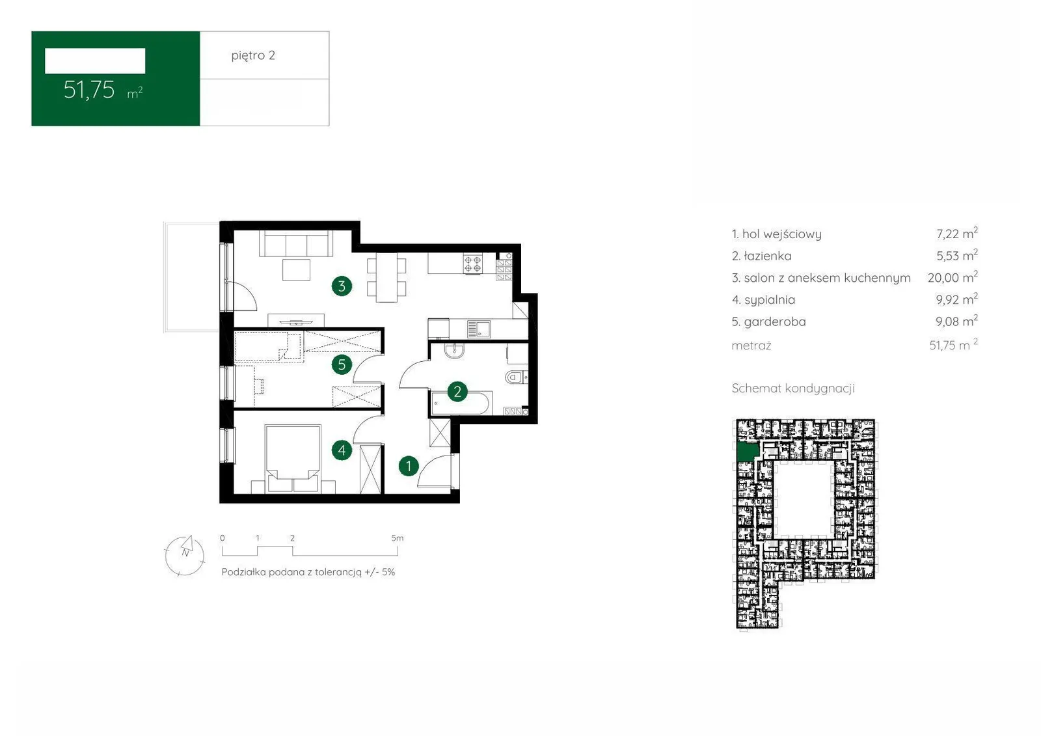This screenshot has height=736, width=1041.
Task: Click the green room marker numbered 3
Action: point(342,286)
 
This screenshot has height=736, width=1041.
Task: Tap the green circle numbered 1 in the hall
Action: point(409,466)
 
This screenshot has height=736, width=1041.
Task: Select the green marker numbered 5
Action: point(342,364)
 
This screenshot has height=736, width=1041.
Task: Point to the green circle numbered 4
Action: point(342,450)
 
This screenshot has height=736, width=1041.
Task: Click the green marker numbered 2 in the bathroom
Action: point(457,392)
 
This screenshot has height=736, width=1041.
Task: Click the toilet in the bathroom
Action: point(516,377)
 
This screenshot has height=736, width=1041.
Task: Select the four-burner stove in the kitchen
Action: point(472,265)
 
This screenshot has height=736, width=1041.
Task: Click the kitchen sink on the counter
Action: point(479,329)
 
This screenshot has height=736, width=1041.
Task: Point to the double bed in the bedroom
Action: point(293,458)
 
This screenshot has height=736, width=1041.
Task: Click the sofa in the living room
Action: point(296,243)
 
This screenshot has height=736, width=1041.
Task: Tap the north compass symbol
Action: point(185,555)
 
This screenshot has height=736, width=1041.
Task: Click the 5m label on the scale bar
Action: point(398,538)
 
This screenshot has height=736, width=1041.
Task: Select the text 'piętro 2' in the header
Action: point(253,56)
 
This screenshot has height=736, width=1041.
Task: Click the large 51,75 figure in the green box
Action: point(88,90)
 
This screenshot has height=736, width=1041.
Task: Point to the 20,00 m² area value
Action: point(953,277)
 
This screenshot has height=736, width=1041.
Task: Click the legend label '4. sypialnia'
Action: point(764,300)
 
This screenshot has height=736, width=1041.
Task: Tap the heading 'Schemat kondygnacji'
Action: point(793,388)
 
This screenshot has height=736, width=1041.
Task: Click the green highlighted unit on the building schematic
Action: point(748,452)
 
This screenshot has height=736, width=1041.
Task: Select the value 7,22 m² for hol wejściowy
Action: point(957,234)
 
